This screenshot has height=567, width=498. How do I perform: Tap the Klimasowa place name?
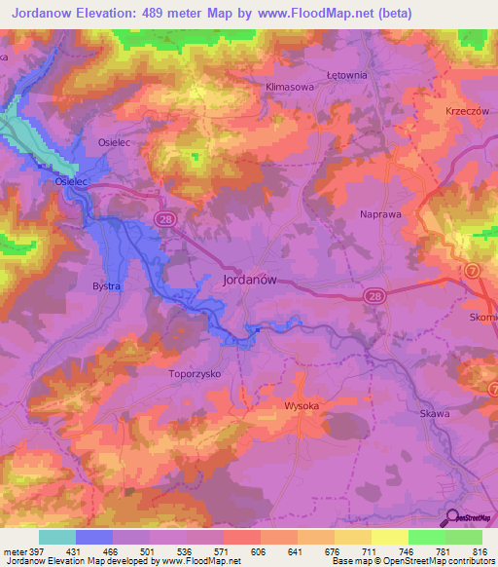coord(291,87)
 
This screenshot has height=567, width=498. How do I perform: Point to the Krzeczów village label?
coord(466,111)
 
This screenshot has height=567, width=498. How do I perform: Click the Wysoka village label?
coord(302,404)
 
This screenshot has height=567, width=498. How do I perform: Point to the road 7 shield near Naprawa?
coord(471,269)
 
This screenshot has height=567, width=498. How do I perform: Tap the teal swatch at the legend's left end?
coord(57,537)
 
